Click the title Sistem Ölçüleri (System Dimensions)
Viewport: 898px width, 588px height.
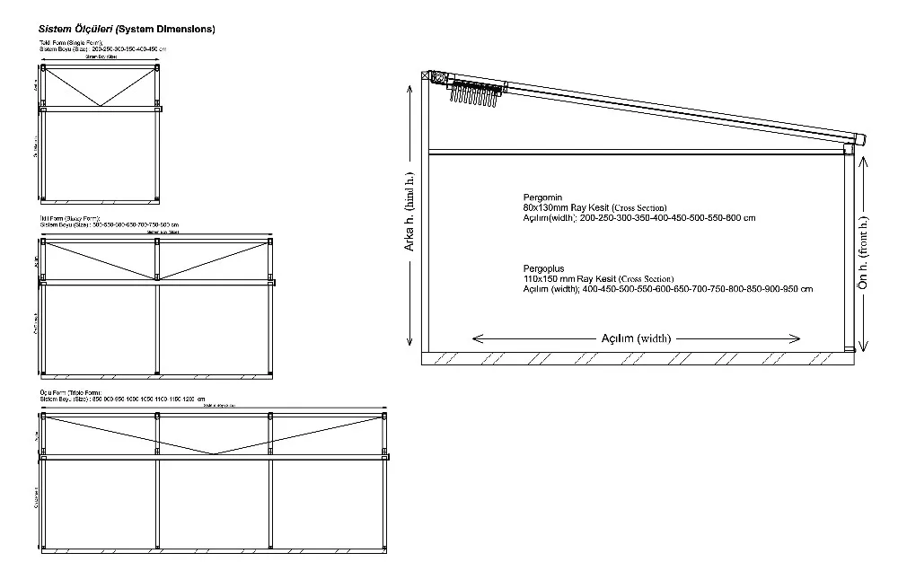click(127, 29)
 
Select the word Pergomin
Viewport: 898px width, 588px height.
click(542, 196)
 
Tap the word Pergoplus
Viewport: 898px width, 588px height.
click(543, 268)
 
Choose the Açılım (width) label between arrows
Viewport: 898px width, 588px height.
click(636, 338)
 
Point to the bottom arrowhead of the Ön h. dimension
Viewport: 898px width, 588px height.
click(864, 348)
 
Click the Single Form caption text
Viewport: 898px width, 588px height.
click(71, 42)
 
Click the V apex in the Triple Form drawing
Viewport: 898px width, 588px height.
click(213, 453)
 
